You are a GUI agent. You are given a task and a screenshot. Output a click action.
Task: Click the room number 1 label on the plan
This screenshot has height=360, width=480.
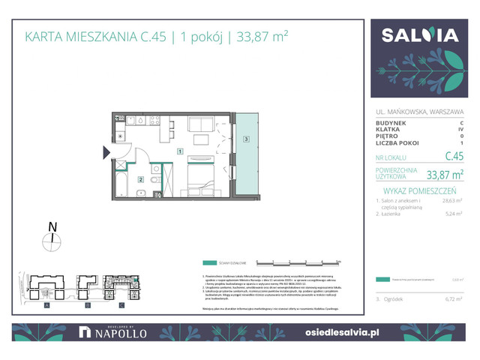pyautogui.click(x=180, y=151)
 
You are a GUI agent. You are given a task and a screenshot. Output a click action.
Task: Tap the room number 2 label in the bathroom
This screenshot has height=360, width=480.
pyautogui.click(x=140, y=178)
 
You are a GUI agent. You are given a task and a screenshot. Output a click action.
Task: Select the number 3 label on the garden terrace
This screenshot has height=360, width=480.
pyautogui.click(x=246, y=139)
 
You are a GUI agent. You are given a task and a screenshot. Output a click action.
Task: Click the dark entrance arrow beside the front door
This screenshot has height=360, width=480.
pyautogui.click(x=106, y=153)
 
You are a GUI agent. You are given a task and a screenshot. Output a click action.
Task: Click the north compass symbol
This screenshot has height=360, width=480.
pyautogui.click(x=51, y=241)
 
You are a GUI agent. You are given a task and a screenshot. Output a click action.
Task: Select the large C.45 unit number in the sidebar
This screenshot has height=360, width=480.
pyautogui.click(x=454, y=156)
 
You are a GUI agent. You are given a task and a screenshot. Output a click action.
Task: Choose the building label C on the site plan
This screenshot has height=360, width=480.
pyautogui.click(x=121, y=306)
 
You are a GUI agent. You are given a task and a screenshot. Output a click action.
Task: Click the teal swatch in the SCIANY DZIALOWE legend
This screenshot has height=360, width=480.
pyautogui.click(x=209, y=263)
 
